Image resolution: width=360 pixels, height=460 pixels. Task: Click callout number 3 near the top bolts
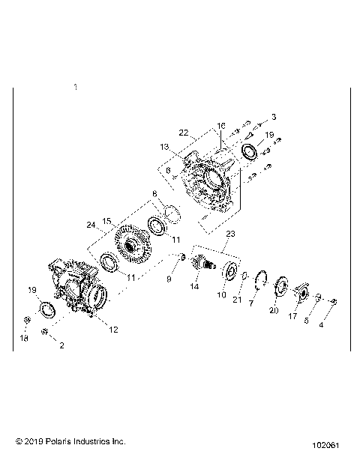(274, 117)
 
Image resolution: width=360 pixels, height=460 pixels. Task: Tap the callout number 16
(221, 126)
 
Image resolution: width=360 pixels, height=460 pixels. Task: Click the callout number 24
(91, 225)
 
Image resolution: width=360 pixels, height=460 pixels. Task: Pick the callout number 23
(229, 234)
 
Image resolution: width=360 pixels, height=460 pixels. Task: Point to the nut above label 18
(26, 321)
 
